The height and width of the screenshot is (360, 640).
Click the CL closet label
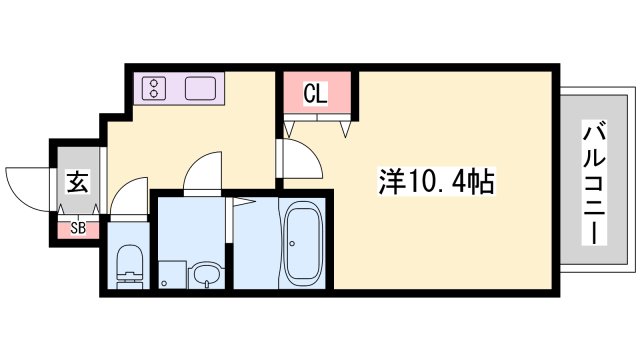(x=315, y=95)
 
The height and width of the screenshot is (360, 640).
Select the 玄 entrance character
(x=77, y=183)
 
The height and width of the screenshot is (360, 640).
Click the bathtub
(x=303, y=243)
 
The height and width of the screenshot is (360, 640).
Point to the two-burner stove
(x=155, y=89)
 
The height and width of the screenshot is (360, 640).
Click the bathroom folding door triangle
(x=240, y=205)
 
